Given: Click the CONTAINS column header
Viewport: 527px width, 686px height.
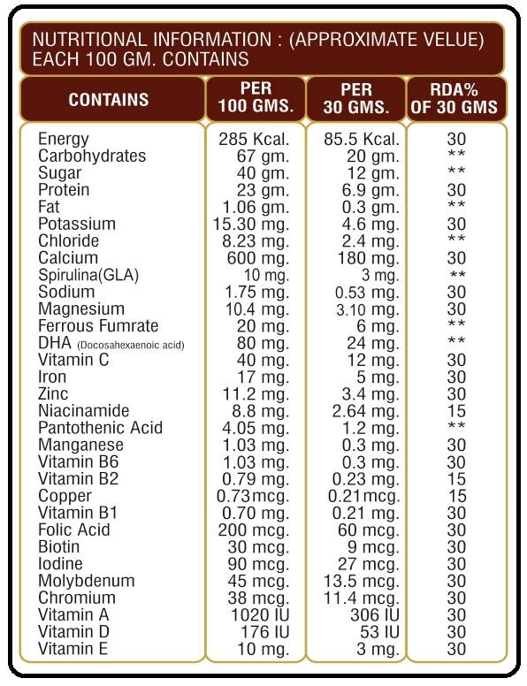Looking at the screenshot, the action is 109,100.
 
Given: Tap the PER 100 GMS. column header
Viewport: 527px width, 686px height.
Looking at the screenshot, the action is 256,97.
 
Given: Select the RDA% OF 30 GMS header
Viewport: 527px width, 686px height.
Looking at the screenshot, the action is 454,98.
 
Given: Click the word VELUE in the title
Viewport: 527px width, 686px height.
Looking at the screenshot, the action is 437,40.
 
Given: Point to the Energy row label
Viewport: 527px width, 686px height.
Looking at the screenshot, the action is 64,140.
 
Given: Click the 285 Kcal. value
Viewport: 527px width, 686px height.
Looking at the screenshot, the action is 254,140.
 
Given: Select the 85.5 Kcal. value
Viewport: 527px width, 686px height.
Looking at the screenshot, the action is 362,140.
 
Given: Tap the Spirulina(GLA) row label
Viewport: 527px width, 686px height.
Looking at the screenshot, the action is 88,276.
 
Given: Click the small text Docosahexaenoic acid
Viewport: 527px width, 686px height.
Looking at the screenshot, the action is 131,346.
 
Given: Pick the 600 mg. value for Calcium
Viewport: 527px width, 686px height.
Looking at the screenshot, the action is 258,258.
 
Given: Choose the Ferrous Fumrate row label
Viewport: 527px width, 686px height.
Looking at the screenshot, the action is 98,326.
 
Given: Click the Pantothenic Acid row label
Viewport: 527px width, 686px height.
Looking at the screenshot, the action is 100,429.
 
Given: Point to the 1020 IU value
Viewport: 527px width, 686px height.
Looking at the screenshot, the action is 261,615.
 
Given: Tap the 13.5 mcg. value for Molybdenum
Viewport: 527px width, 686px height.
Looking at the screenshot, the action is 362,582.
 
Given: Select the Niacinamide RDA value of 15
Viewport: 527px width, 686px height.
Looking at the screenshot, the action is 456,411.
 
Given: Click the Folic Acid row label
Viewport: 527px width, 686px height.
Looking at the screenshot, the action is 74,530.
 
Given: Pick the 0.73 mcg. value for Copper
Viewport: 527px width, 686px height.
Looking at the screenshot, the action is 253,497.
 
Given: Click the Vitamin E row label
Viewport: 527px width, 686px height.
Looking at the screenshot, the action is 73,649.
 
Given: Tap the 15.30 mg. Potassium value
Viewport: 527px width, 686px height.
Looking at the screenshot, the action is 251,225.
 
